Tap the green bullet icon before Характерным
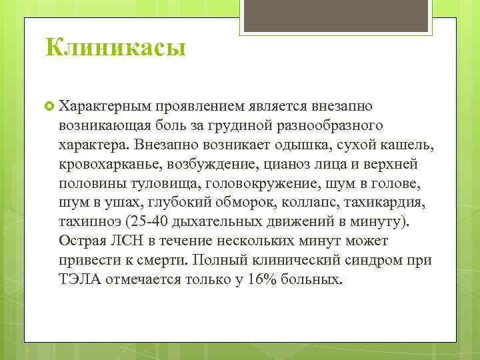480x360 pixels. [x=49, y=106]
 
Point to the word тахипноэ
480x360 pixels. [x=87, y=220]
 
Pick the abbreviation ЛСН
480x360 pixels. [x=126, y=239]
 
